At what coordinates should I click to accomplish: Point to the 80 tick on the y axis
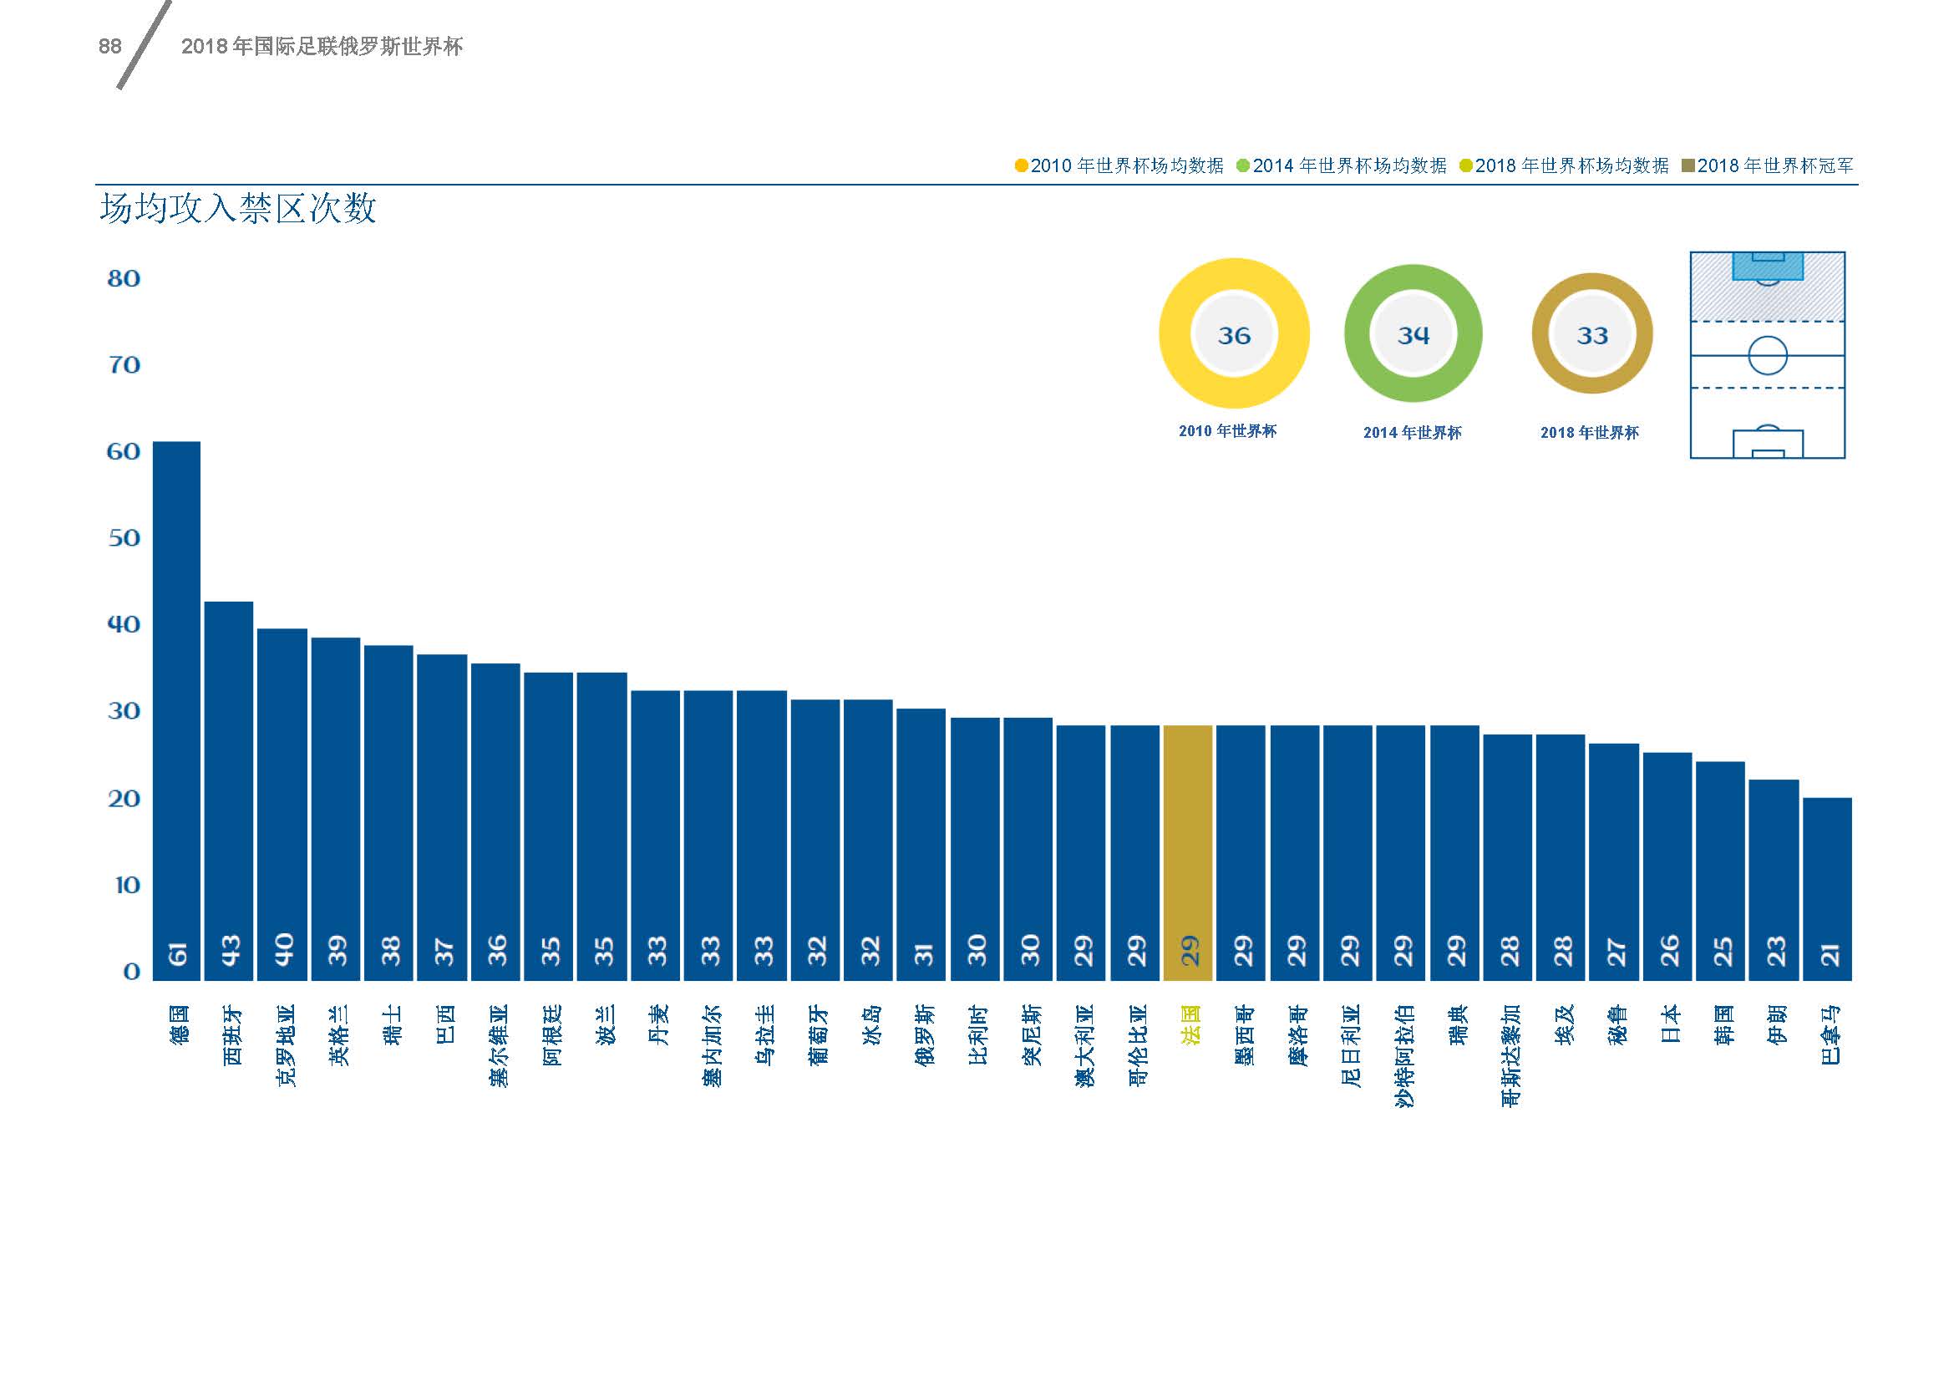tap(124, 278)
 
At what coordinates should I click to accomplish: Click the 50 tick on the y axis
tap(124, 538)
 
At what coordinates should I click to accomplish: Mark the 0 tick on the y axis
tap(131, 971)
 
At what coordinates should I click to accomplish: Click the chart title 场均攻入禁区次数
tap(237, 209)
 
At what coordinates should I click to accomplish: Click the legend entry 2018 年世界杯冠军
tap(1769, 166)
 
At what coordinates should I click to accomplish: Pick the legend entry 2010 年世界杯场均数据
tap(1120, 166)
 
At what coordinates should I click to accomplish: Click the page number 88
tap(109, 47)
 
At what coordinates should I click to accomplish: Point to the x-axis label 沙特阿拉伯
tap(1404, 1055)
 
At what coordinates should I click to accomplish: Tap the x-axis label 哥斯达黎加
tap(1510, 1055)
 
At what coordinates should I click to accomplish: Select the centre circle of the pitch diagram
tap(1767, 355)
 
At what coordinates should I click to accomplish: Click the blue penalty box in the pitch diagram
tap(1768, 267)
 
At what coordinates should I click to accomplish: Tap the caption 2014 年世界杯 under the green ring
tap(1412, 433)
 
